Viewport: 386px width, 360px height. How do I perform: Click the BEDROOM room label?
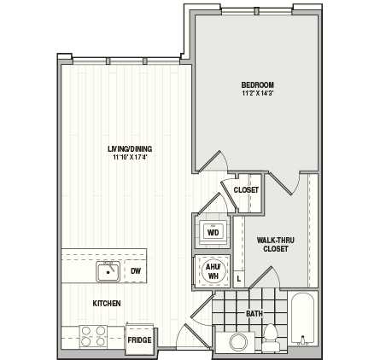point(257,84)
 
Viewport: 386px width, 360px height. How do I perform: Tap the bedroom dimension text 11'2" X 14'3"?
point(257,93)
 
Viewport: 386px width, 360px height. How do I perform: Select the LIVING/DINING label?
point(130,148)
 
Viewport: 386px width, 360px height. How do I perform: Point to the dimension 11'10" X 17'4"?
point(130,157)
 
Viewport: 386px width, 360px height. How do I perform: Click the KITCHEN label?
point(107,304)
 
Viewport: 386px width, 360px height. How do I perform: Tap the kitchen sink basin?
point(108,272)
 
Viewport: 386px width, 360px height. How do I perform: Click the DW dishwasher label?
point(136,271)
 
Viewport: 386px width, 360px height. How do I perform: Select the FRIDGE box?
point(139,339)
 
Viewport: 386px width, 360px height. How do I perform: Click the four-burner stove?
point(93,336)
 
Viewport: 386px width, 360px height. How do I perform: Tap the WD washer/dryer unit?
point(213,232)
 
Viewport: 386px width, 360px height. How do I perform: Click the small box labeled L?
point(239,279)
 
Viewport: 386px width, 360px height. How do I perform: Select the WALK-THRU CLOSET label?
point(275,245)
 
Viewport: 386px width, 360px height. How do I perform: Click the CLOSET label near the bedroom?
point(246,189)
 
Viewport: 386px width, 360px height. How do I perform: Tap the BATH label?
point(254,314)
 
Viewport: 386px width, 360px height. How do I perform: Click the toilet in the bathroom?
point(271,338)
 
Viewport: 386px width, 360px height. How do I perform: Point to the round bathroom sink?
point(238,342)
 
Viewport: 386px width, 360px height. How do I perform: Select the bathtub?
point(302,319)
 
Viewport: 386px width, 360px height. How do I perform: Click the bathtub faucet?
point(302,340)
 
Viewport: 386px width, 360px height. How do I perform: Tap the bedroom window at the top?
point(257,11)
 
